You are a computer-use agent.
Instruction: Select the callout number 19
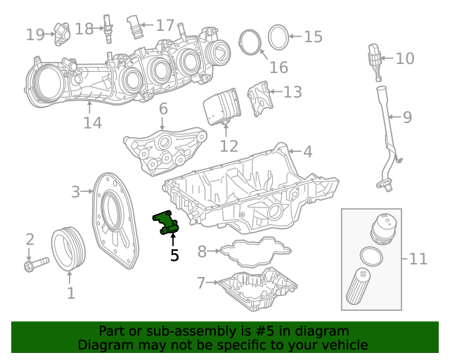click(x=35, y=34)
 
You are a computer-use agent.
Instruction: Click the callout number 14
click(x=92, y=123)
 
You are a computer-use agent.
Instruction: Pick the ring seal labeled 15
click(x=278, y=37)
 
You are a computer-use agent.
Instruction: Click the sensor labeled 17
click(x=135, y=25)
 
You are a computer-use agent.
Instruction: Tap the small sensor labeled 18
click(x=108, y=27)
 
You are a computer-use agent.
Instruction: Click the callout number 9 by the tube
click(x=406, y=117)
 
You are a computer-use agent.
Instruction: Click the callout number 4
click(x=307, y=151)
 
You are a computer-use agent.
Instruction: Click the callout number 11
click(x=418, y=259)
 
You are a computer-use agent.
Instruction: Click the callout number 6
click(x=163, y=108)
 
